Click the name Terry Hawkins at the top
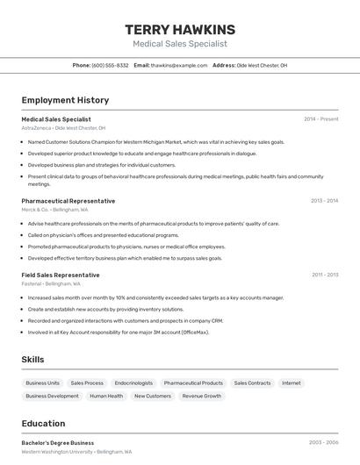[180, 30]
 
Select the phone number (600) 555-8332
[110, 65]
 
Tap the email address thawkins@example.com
[179, 65]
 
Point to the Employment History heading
[65, 100]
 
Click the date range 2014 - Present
[320, 119]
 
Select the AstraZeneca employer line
[63, 128]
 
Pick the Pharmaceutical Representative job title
[68, 201]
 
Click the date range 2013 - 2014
[324, 201]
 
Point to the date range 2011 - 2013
[324, 275]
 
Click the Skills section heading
[33, 360]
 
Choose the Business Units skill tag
[42, 383]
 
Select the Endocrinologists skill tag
[133, 383]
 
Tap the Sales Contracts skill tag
[252, 383]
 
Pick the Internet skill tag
[292, 383]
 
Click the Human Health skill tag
[106, 397]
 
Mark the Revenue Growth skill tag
[202, 397]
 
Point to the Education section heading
[43, 424]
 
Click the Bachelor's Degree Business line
[58, 443]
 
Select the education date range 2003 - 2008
[323, 443]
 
